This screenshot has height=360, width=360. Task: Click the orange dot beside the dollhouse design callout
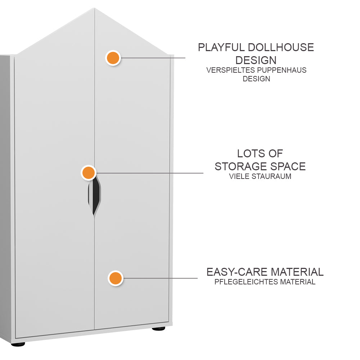click(113, 58)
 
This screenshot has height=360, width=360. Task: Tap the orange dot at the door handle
click(88, 173)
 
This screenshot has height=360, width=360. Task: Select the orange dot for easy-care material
click(115, 278)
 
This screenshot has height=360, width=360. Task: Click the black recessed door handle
click(95, 197)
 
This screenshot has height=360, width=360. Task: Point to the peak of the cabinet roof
click(94, 8)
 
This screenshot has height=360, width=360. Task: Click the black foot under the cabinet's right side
click(158, 328)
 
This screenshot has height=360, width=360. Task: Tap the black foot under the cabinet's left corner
click(18, 345)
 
